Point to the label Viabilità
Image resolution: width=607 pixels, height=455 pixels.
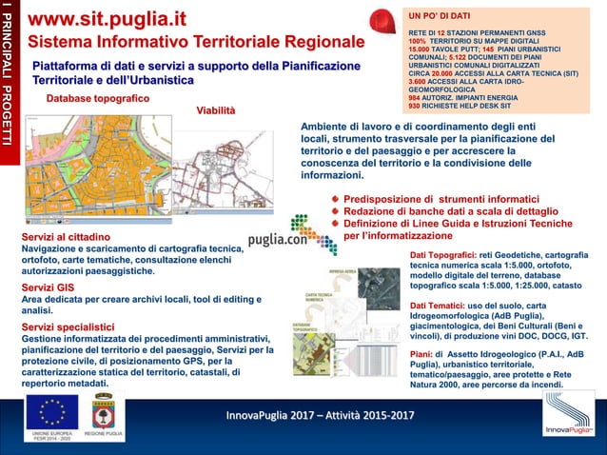[215, 110]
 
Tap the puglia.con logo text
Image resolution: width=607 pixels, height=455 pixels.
[277, 240]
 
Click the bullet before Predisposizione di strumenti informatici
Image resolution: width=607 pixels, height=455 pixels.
[335, 199]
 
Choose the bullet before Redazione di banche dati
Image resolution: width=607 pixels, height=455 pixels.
[335, 211]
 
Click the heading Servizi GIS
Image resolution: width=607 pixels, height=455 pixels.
[50, 287]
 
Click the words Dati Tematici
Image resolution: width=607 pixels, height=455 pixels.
[439, 305]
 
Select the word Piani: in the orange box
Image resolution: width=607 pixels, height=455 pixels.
[421, 352]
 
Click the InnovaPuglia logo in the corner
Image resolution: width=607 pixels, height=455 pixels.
[569, 417]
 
